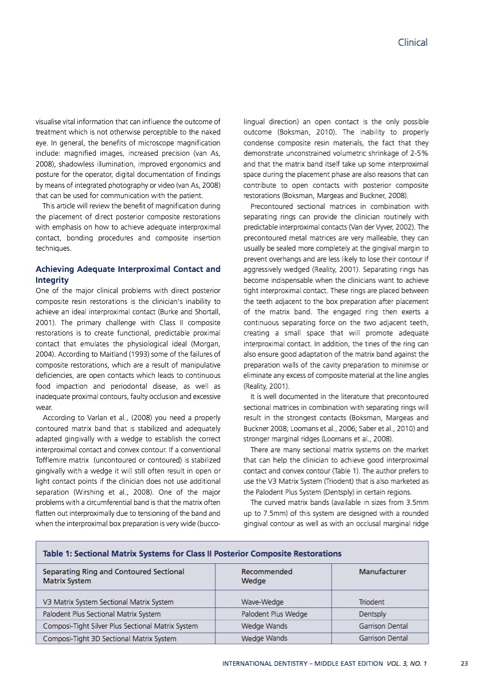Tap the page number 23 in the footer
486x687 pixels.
[464, 664]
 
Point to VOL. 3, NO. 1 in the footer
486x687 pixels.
[406, 664]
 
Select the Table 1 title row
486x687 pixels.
[192, 554]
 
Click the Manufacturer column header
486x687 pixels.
[383, 571]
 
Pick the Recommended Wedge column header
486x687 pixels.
[266, 576]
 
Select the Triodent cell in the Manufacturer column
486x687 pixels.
[371, 602]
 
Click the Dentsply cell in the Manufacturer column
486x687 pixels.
[372, 614]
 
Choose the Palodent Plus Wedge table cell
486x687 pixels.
[274, 614]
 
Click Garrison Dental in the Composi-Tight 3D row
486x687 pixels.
[383, 638]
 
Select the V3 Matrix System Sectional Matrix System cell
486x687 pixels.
[108, 602]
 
